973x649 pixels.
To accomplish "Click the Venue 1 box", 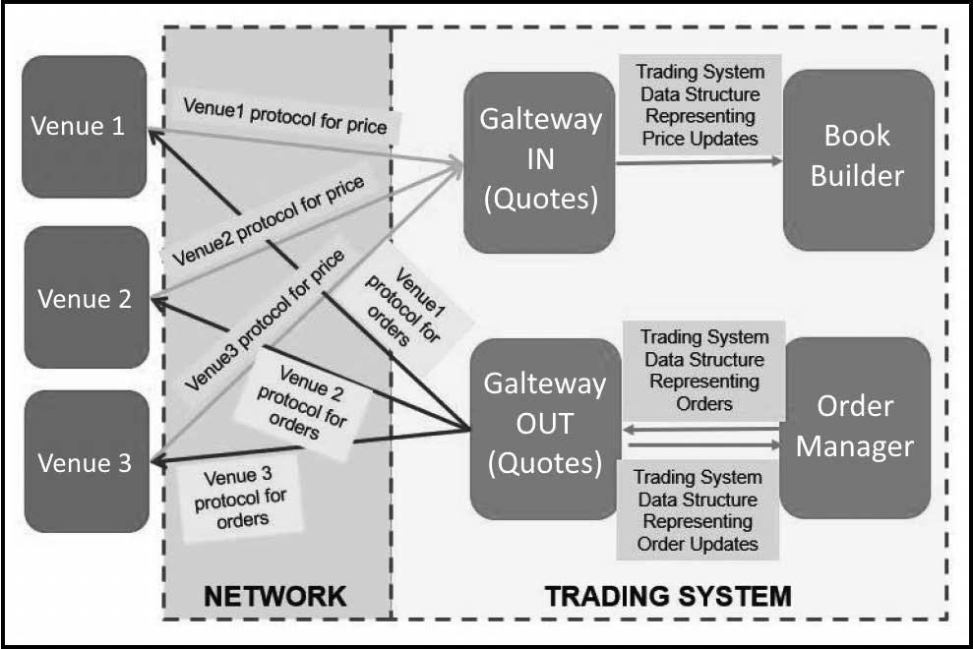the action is click(85, 127).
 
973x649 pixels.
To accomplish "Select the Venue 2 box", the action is click(87, 297).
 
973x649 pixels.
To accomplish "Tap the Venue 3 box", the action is click(87, 461).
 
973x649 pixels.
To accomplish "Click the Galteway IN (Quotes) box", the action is click(539, 162).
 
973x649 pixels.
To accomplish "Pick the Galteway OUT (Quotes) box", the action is click(545, 429).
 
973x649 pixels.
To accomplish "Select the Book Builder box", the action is click(859, 160).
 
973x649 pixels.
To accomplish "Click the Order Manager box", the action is click(855, 428).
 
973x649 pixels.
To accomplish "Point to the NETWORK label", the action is click(274, 596).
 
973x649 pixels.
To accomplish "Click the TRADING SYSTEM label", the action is click(668, 596).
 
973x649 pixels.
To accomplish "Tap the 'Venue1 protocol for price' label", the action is click(285, 116).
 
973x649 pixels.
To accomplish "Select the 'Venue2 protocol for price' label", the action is click(268, 221).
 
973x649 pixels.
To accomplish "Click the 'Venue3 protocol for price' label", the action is click(265, 321).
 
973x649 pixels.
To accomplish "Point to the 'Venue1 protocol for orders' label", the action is click(405, 307).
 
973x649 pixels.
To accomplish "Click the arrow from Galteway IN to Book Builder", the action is click(699, 161).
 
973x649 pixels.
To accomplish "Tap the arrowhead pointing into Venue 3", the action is click(158, 461).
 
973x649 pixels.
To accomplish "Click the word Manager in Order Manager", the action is click(855, 446).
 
